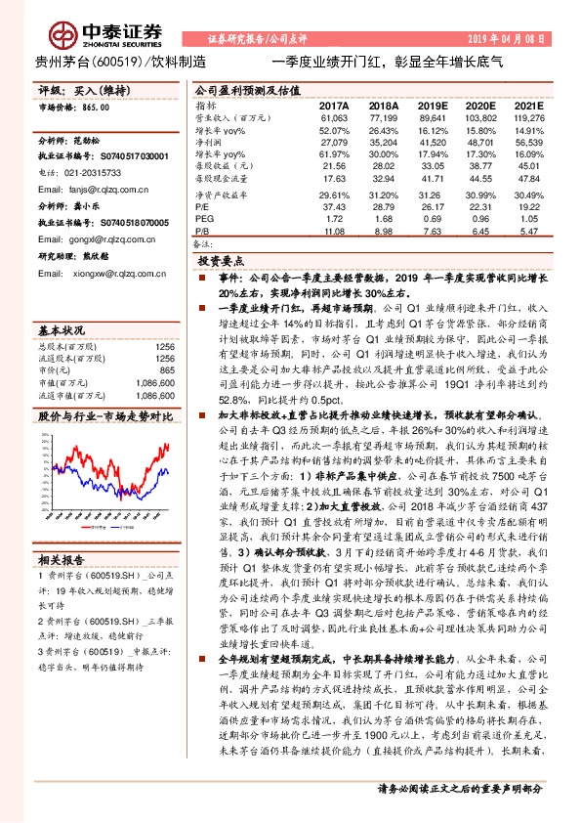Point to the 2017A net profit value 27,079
coord(334,142)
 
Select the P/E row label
coord(203,206)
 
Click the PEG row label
coord(204,219)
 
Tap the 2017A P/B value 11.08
coord(337,232)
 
